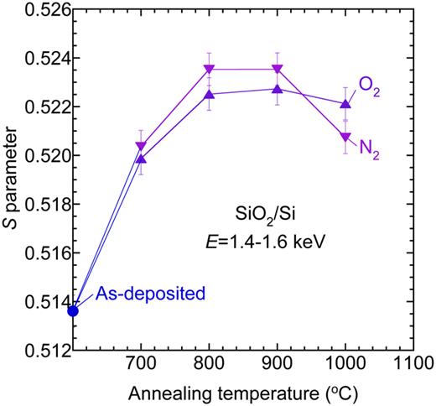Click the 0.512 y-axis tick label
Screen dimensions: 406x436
[x=47, y=351]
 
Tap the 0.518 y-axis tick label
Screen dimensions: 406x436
[x=47, y=205]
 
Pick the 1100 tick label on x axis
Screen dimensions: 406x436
[x=412, y=368]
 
